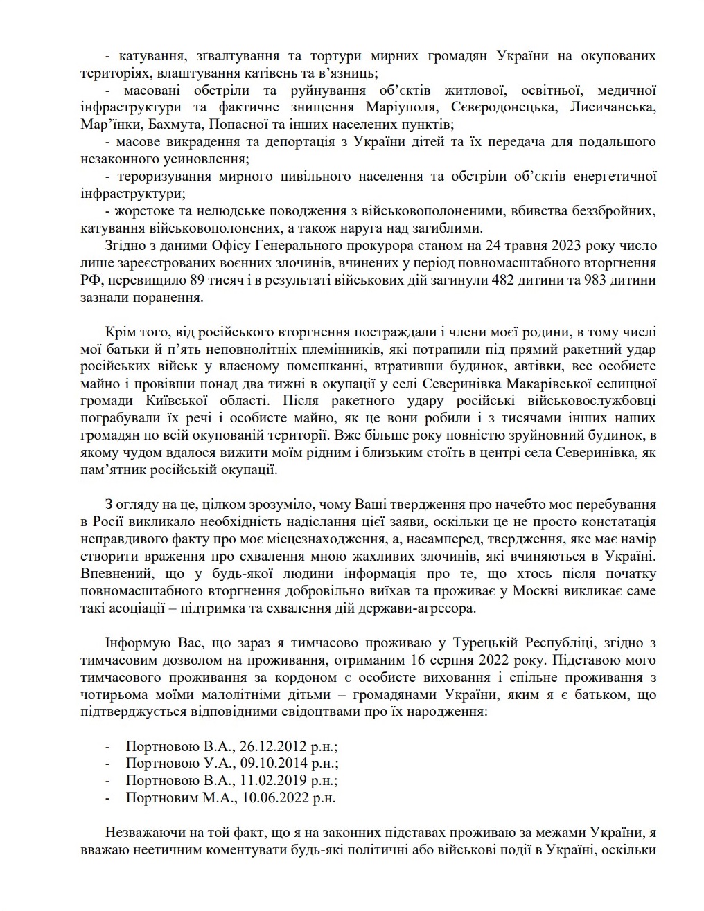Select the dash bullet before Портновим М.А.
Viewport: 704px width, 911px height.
pos(107,797)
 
